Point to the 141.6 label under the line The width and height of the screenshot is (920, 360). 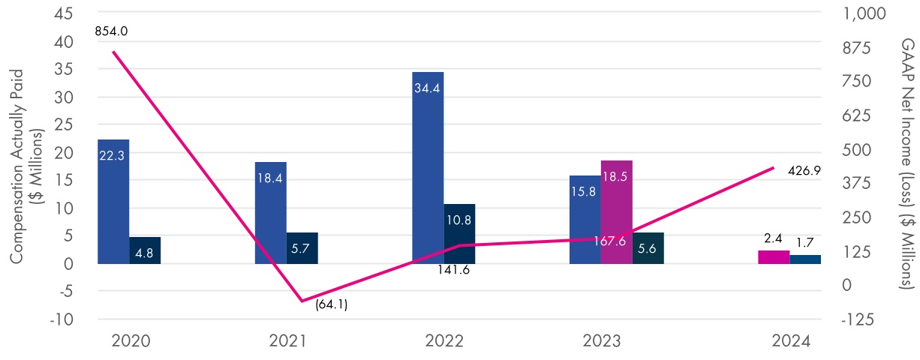click(454, 269)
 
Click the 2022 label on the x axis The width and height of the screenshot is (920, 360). click(444, 341)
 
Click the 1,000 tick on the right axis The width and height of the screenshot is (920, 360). click(863, 13)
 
